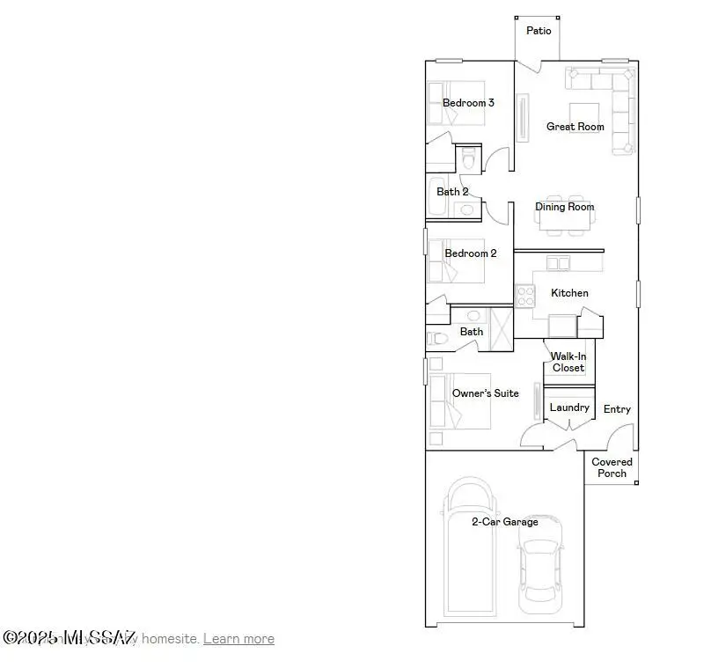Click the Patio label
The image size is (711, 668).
click(x=539, y=31)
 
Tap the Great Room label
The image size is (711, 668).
click(x=575, y=127)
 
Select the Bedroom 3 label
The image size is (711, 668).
click(x=468, y=103)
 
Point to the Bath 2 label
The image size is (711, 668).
click(x=452, y=191)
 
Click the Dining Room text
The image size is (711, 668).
click(x=565, y=207)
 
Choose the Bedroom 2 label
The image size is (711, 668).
click(x=470, y=253)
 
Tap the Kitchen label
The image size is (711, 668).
click(x=569, y=293)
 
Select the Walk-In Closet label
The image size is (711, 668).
click(x=568, y=362)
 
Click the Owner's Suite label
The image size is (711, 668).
click(x=485, y=393)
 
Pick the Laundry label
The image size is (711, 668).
click(x=569, y=407)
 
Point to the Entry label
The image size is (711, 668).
click(x=617, y=409)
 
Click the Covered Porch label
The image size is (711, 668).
click(x=612, y=467)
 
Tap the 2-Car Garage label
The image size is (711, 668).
click(x=504, y=522)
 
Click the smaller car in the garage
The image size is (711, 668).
click(x=539, y=563)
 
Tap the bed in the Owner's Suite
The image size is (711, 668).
click(x=458, y=400)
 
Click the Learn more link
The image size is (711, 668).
click(x=238, y=639)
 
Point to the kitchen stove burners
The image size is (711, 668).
click(x=524, y=295)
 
